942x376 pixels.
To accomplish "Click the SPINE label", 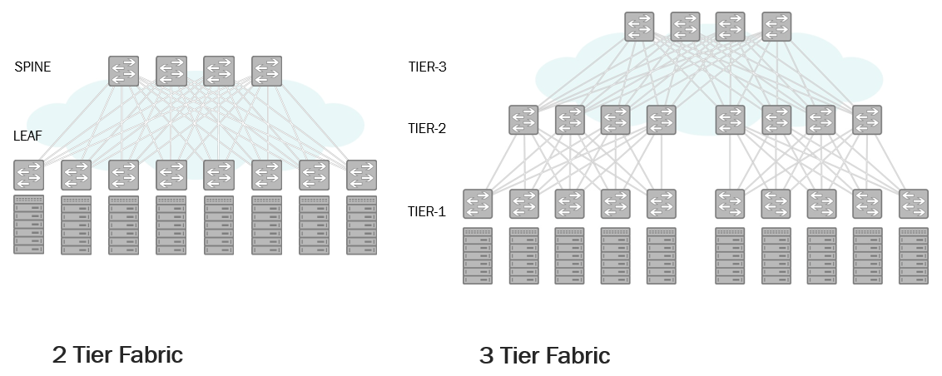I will pos(32,67).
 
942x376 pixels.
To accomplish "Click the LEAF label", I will pos(28,135).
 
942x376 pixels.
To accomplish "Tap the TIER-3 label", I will pos(428,67).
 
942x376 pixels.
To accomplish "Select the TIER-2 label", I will pos(428,128).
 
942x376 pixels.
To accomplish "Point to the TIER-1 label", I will pos(428,211).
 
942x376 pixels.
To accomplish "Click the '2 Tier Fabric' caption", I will pos(117,355).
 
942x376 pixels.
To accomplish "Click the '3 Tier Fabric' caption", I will pos(545,356).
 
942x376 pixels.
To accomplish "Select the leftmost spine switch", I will pos(123,71).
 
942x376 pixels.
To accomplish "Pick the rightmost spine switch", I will pos(267,71).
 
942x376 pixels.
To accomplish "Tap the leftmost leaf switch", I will pos(28,175).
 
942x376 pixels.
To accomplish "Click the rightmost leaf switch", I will pos(362,175).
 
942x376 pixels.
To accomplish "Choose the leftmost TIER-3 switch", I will pos(640,27).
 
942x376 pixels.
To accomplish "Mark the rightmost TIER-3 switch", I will pos(776,27).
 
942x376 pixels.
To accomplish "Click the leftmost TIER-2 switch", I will pos(524,120).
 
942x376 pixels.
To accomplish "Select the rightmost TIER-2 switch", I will pos(867,120).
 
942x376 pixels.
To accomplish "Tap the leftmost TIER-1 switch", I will pos(478,204).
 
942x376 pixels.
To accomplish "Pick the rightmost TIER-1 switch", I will pos(914,204).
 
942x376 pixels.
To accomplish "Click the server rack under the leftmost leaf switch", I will pos(28,225).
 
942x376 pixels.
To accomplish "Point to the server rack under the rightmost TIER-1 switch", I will pos(914,255).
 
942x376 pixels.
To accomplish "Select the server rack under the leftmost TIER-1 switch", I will pos(478,255).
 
